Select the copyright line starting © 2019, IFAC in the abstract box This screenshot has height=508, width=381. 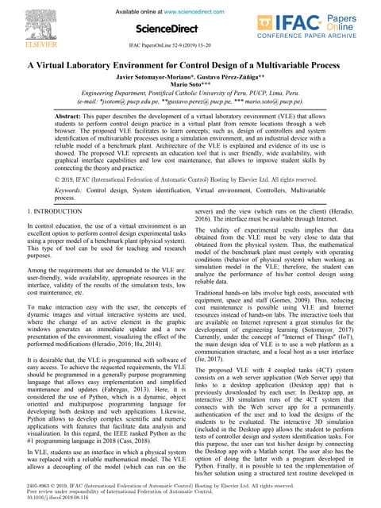click(x=190, y=180)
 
